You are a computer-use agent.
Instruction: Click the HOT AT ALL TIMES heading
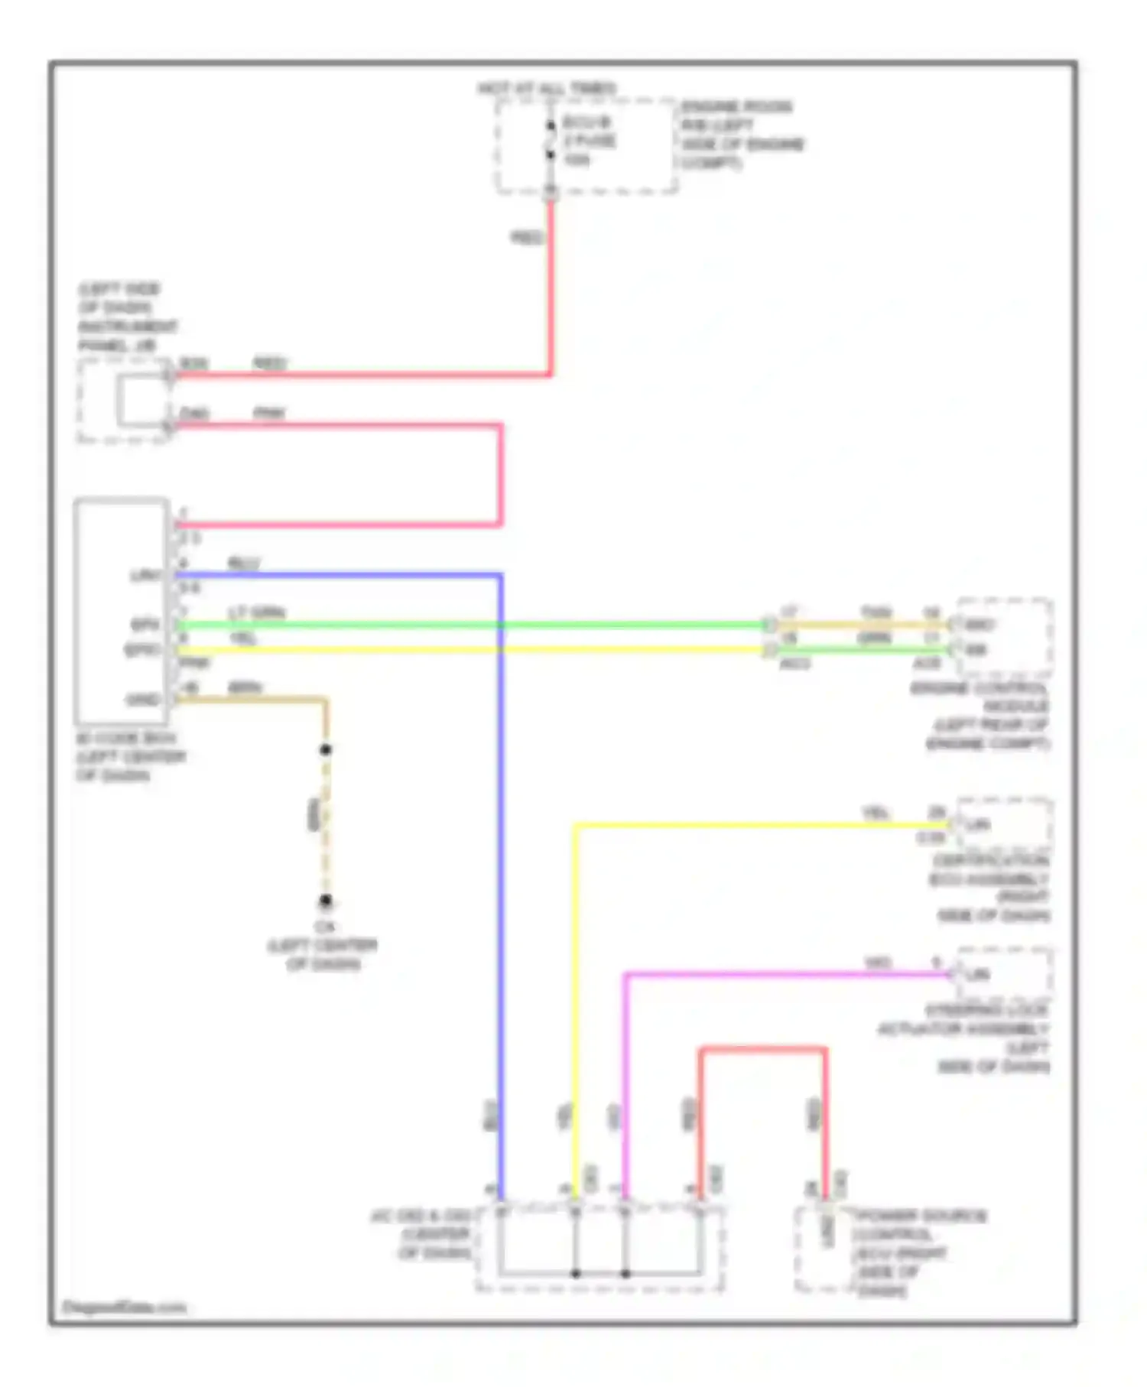click(x=546, y=89)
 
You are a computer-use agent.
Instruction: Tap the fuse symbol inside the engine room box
click(x=551, y=141)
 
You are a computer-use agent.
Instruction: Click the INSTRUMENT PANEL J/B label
click(x=127, y=317)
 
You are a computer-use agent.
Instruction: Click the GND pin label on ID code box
click(x=143, y=700)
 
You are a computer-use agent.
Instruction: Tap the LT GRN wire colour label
click(x=256, y=612)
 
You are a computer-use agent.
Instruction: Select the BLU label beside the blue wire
click(x=244, y=564)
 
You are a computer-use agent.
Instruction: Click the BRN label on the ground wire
click(x=245, y=687)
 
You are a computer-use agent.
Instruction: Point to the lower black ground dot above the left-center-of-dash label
click(x=326, y=901)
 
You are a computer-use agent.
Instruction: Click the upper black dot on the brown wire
click(x=326, y=749)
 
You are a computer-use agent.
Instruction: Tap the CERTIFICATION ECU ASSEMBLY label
click(x=990, y=887)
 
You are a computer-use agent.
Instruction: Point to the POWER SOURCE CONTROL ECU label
click(x=914, y=1252)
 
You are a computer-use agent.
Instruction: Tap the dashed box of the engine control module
click(x=1003, y=637)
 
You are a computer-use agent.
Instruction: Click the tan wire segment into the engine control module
click(x=860, y=625)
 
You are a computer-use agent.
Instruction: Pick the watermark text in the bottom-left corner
click(x=124, y=1307)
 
